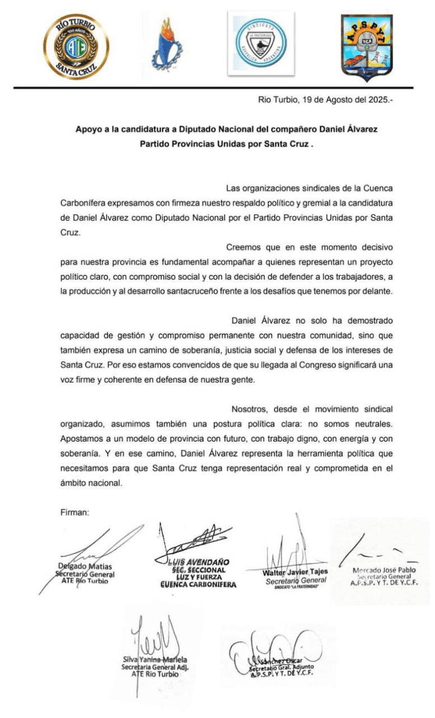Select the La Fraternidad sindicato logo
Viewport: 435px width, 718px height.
[261, 43]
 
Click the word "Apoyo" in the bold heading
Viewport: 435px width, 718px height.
[88, 129]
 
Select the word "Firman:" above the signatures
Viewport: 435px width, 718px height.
[75, 512]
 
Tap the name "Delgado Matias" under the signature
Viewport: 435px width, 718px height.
[85, 566]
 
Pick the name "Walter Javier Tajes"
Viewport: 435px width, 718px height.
[295, 572]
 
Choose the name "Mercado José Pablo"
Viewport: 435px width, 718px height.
[383, 570]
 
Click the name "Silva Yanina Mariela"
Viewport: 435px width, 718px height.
[155, 660]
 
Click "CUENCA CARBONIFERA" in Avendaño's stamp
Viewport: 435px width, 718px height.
[198, 584]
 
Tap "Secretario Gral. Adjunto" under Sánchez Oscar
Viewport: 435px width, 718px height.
[282, 668]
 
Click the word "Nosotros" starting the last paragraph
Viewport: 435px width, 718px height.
[250, 409]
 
